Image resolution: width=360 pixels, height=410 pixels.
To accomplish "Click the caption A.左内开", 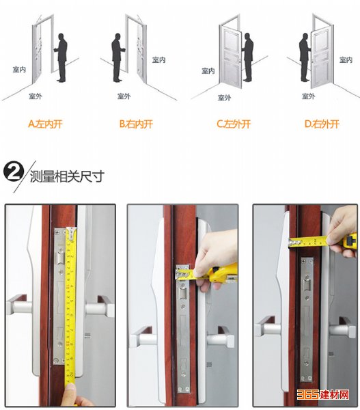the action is [45, 124].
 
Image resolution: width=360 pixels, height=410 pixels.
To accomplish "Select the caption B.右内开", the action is [136, 124].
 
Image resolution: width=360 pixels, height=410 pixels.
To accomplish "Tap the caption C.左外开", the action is [234, 124].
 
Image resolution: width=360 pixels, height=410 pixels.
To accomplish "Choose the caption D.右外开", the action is [322, 124].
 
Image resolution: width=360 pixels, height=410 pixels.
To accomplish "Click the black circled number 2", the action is [14, 172].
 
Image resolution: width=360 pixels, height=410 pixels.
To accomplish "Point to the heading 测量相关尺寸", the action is [67, 176].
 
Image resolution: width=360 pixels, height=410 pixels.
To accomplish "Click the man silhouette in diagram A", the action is [61, 58].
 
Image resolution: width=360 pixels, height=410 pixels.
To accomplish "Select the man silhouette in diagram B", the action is [118, 58].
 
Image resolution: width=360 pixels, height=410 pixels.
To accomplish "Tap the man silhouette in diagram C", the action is [247, 57].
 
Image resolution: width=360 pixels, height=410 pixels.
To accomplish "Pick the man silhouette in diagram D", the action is [305, 57].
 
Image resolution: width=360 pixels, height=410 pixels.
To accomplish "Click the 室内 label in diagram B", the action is [159, 60].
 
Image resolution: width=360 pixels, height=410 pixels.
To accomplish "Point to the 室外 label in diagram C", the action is [224, 98].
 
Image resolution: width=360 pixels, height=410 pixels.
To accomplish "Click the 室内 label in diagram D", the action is [346, 60].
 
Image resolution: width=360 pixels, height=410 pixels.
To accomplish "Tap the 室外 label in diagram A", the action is [36, 96].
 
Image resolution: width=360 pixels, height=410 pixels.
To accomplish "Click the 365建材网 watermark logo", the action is [323, 394].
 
